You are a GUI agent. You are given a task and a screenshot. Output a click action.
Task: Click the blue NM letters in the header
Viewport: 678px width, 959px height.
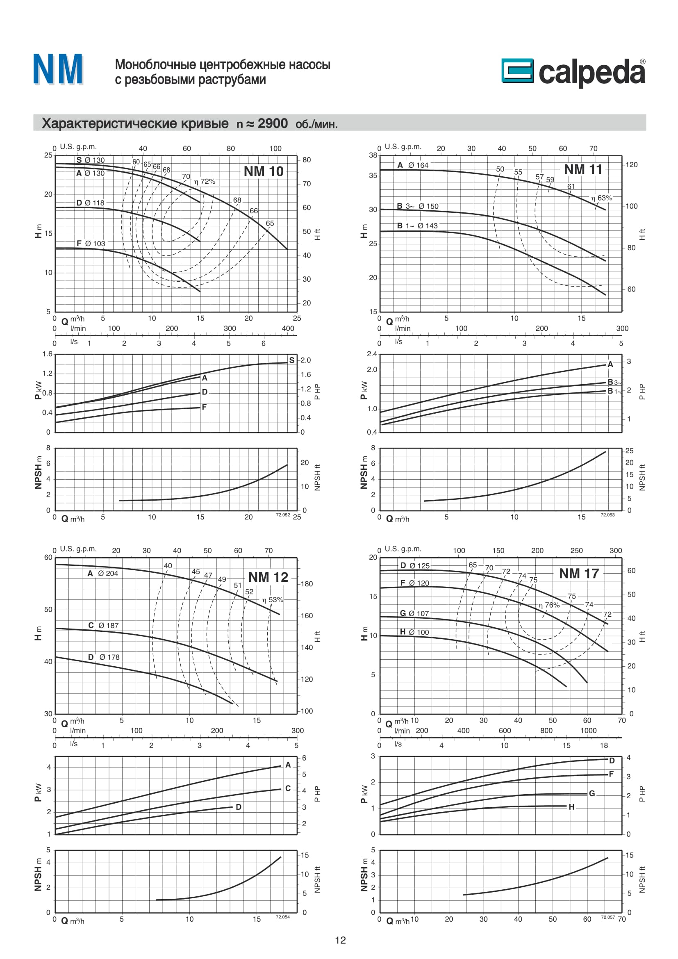(58, 69)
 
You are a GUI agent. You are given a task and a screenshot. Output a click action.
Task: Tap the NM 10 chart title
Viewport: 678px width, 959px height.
(264, 171)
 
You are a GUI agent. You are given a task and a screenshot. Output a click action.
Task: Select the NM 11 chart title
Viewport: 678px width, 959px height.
(583, 169)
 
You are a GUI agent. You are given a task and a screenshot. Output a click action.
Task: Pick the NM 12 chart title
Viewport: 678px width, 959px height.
(268, 577)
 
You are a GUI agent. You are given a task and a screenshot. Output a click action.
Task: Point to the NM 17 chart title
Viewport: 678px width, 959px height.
(579, 574)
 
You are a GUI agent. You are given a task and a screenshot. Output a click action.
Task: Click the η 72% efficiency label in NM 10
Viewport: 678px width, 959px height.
(205, 181)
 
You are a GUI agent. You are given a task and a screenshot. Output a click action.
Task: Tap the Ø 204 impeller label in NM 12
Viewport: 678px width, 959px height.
(108, 574)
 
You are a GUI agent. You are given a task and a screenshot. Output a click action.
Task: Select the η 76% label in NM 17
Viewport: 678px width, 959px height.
(549, 605)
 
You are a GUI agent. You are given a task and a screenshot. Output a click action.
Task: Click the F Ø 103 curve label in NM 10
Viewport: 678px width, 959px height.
(91, 244)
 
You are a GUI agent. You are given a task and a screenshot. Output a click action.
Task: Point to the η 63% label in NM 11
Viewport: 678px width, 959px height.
(601, 198)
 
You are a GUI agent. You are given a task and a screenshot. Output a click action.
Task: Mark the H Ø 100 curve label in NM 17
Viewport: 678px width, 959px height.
(414, 632)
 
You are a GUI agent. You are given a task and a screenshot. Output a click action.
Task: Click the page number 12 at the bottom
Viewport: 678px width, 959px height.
(340, 940)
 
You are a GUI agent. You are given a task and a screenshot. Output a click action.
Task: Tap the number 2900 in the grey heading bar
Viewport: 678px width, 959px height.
(272, 123)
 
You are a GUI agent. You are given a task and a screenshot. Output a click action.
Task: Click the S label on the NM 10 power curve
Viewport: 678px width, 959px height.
(291, 360)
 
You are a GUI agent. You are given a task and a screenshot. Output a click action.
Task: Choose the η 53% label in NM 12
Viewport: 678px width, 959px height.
(273, 599)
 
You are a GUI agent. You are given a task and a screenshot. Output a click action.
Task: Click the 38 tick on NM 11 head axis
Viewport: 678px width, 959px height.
(373, 155)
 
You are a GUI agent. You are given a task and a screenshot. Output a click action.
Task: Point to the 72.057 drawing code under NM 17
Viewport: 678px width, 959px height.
(607, 917)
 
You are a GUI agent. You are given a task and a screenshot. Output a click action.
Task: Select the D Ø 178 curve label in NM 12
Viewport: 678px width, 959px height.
(104, 657)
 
